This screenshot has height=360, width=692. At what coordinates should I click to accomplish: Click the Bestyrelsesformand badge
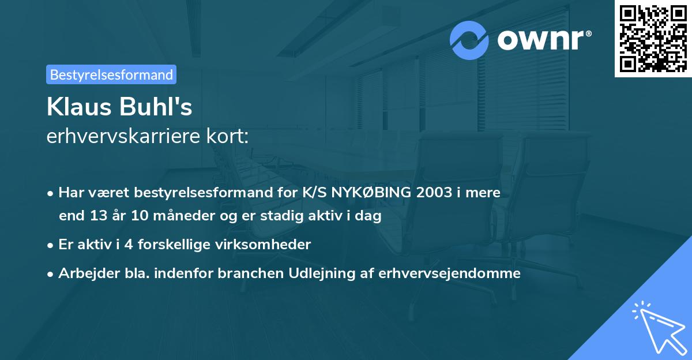pos(111,74)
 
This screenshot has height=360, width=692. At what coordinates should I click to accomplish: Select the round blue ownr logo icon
pos(469,40)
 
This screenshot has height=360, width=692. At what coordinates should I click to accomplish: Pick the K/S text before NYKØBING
pos(313,193)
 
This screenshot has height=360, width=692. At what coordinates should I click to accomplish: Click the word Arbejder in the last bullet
pos(85,273)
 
